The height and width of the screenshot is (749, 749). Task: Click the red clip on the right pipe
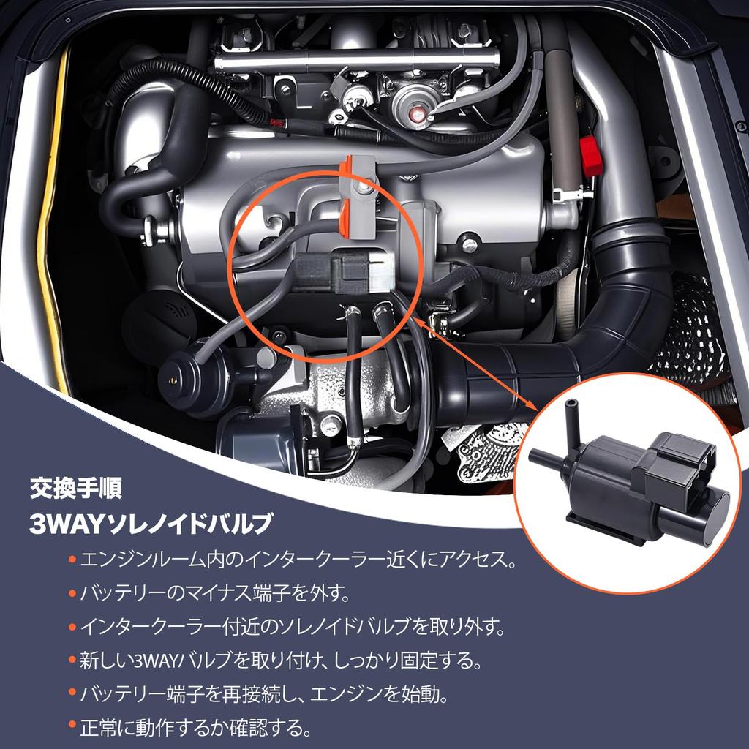tap(590, 154)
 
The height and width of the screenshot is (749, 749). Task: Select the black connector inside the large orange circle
tap(344, 273)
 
